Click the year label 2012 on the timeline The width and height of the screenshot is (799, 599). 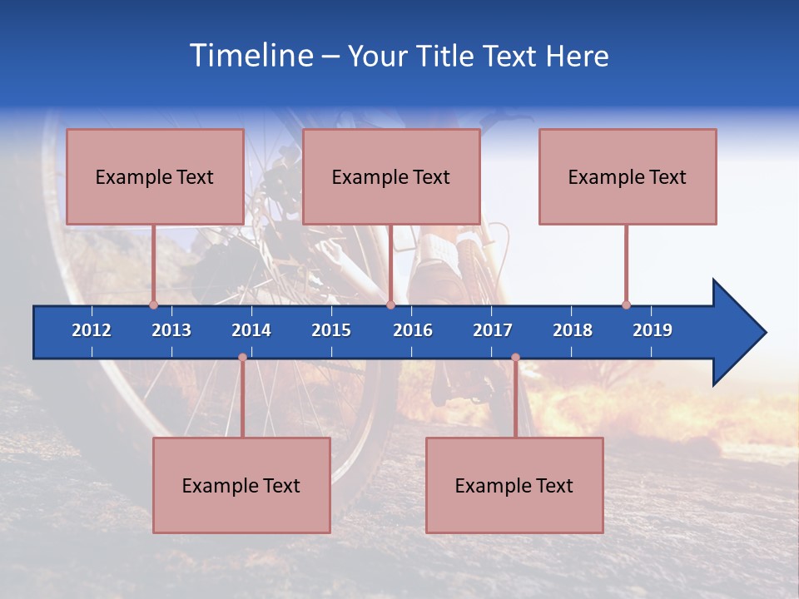(x=92, y=330)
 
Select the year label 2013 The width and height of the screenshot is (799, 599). (x=171, y=330)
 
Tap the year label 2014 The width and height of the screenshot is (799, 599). (x=251, y=330)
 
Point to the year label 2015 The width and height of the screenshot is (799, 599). (x=331, y=330)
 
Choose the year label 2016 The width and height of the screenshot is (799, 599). (x=413, y=330)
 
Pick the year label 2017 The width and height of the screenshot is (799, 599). (x=493, y=330)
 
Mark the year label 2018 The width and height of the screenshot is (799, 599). (x=573, y=330)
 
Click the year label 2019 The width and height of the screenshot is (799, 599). (x=653, y=330)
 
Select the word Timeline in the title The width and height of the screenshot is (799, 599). (x=250, y=56)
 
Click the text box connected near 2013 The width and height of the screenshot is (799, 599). (x=155, y=177)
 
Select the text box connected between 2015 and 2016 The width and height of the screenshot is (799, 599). (x=391, y=177)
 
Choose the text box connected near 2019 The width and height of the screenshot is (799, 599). (x=628, y=177)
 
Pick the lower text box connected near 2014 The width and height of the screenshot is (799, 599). (x=241, y=486)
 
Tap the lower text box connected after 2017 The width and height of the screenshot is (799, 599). (x=514, y=486)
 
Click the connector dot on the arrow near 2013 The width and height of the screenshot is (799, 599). (x=154, y=305)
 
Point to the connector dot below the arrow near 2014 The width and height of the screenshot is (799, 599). (x=242, y=358)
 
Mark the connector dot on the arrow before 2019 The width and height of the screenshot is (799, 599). (x=626, y=305)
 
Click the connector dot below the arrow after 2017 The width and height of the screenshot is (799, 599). (x=515, y=358)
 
